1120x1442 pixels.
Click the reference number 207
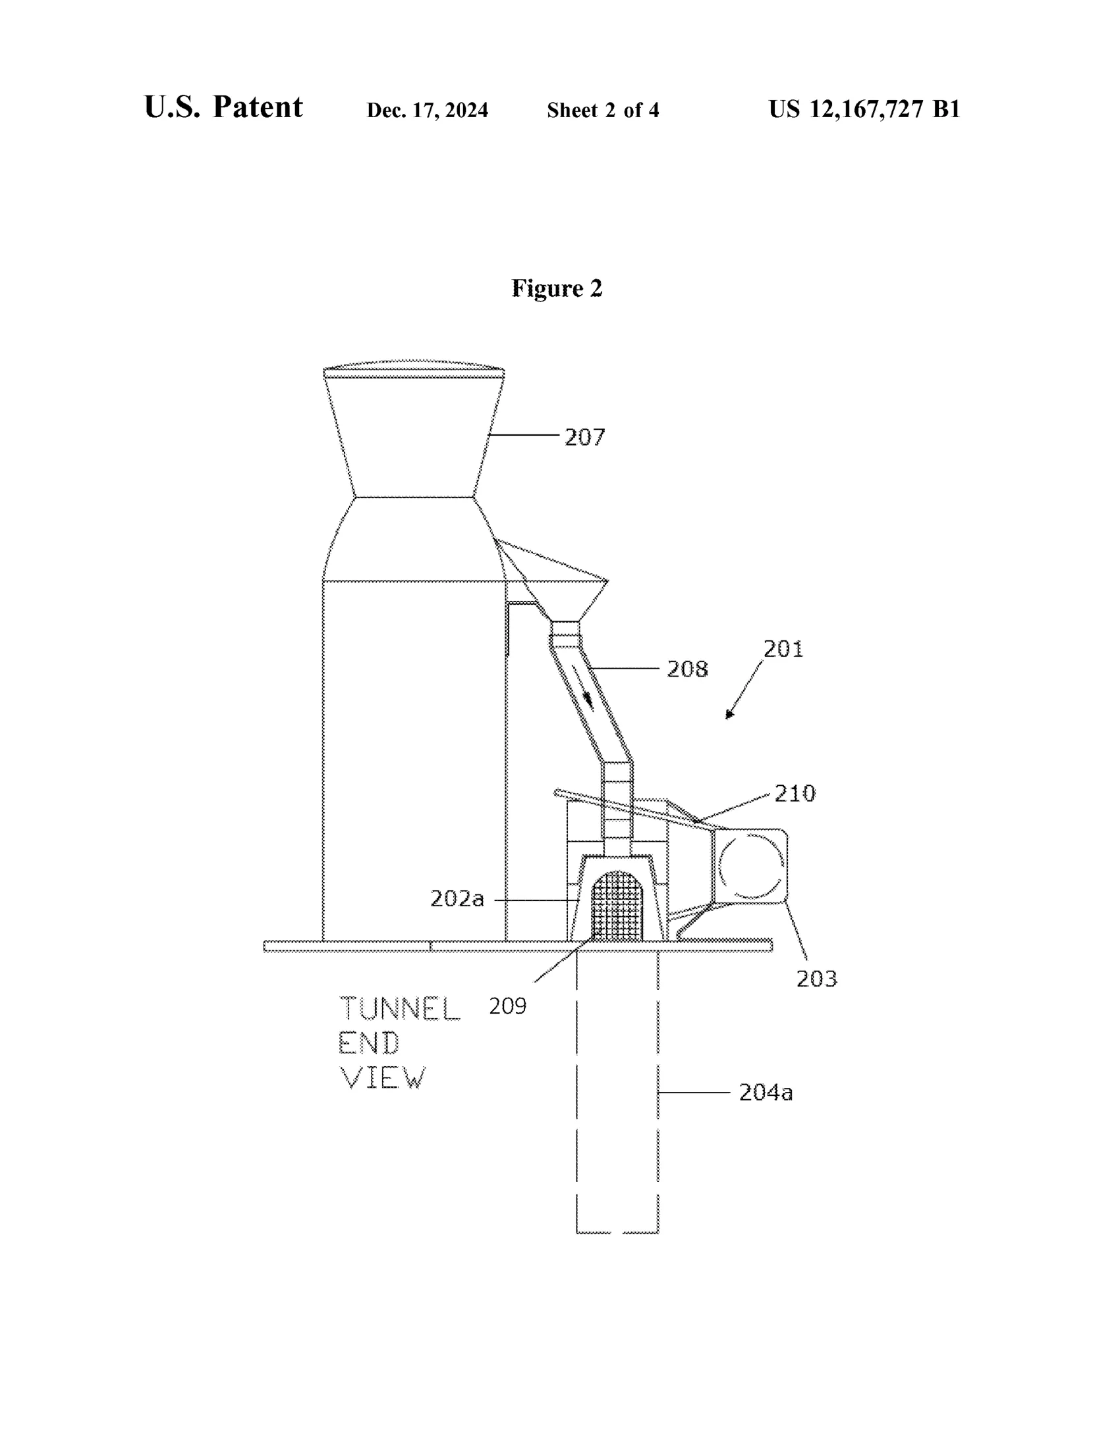click(x=585, y=437)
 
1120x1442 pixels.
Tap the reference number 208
click(x=687, y=669)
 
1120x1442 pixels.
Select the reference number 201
click(x=783, y=649)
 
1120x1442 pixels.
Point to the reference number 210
click(x=795, y=793)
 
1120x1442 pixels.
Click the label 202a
click(x=457, y=898)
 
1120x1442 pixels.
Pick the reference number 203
click(x=817, y=979)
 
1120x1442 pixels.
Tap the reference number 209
click(x=507, y=1006)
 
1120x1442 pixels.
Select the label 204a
click(x=766, y=1093)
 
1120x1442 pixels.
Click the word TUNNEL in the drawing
click(x=400, y=1008)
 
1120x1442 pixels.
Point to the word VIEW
click(x=383, y=1078)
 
